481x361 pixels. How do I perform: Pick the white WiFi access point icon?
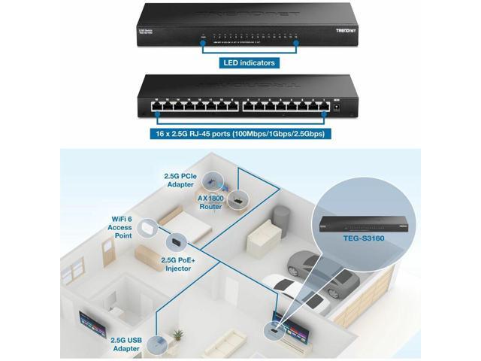pyautogui.click(x=146, y=226)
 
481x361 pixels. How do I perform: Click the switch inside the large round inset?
pyautogui.click(x=352, y=223)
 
